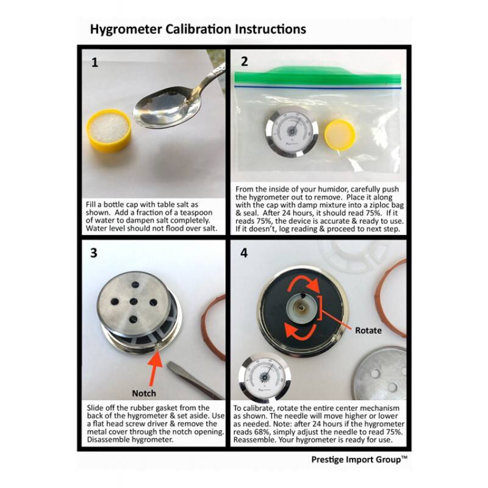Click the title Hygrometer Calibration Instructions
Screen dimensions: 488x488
pyautogui.click(x=198, y=29)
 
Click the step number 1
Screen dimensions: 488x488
pyautogui.click(x=95, y=63)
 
